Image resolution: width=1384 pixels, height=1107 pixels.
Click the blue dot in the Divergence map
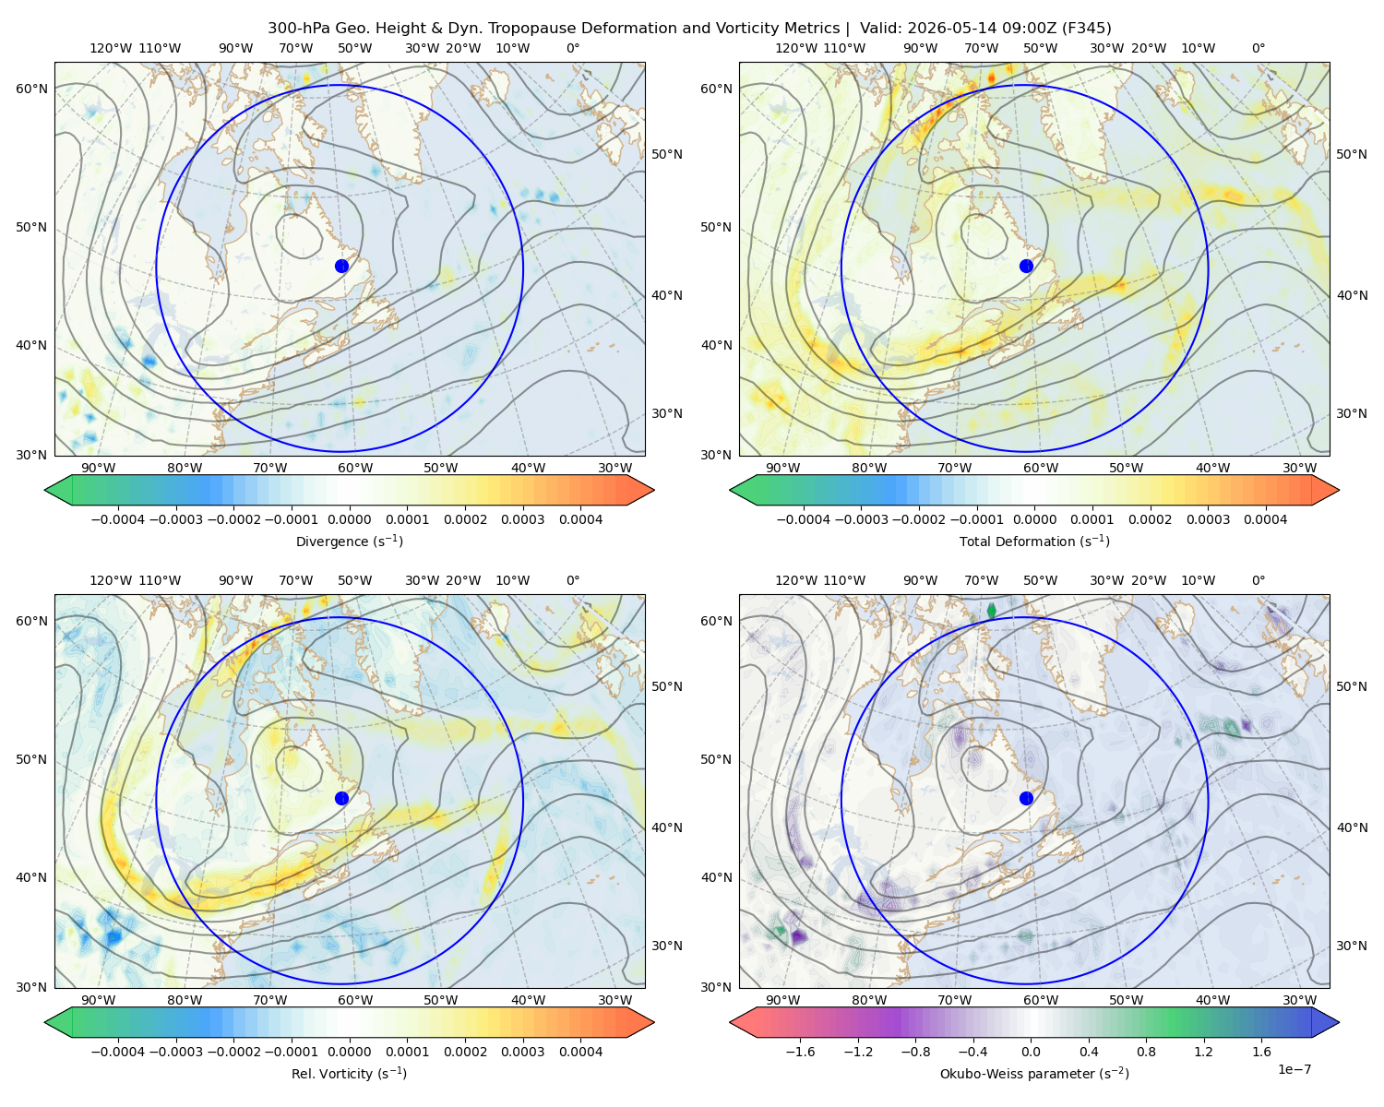click(x=341, y=266)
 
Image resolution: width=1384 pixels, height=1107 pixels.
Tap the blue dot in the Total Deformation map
click(x=1026, y=266)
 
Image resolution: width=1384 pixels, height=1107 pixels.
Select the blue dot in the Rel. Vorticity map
click(x=341, y=798)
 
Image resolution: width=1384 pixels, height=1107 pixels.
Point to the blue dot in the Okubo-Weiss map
click(x=1026, y=798)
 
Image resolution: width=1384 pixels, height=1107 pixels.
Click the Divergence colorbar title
click(x=349, y=541)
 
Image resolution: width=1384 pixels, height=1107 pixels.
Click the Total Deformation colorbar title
click(x=1034, y=541)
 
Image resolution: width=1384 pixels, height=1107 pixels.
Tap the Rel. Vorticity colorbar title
click(x=349, y=1073)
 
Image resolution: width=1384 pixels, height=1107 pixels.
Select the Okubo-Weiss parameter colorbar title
click(x=1034, y=1073)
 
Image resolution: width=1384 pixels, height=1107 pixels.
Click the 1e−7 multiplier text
click(x=1294, y=1069)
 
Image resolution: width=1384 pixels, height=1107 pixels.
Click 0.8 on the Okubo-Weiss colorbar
click(x=1146, y=1051)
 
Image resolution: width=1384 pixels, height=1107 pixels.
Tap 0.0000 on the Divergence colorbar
click(x=349, y=519)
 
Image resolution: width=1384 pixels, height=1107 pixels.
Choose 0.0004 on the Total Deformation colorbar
click(x=1265, y=519)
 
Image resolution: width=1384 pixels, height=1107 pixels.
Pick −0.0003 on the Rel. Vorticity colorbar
click(x=175, y=1051)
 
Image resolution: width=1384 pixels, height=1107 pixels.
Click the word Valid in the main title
click(x=876, y=28)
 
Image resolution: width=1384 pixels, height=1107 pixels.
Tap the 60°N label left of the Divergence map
click(x=31, y=89)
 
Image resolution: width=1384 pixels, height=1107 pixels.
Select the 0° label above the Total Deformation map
click(x=1258, y=48)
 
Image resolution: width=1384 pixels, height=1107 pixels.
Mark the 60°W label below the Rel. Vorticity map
click(x=355, y=1000)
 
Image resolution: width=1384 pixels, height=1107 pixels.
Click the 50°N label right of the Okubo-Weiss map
click(x=1351, y=685)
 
